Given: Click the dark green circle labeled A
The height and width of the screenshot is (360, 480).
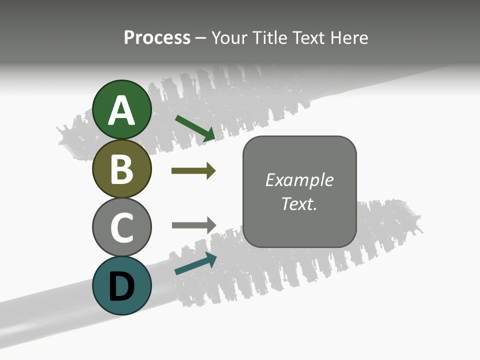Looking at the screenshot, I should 121,109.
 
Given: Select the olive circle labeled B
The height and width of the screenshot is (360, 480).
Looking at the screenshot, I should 121,168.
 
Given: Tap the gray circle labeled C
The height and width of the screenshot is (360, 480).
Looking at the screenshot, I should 121,227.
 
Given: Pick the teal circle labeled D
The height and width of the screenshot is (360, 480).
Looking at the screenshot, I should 121,285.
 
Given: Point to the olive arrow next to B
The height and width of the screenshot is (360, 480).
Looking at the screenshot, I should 193,171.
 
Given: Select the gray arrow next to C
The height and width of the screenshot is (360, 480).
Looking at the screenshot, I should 194,225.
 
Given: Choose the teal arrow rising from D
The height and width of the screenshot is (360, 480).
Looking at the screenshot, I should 195,263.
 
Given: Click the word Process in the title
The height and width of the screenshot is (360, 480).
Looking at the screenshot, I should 157,38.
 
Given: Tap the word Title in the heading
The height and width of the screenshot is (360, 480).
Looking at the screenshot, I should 269,38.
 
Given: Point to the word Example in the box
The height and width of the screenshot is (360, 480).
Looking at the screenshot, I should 299,180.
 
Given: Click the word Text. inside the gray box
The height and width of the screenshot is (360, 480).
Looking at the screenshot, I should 299,203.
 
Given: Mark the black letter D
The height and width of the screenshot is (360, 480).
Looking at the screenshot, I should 121,286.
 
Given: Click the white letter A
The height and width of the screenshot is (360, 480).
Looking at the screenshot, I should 121,110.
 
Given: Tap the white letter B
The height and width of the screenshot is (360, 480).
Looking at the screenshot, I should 121,169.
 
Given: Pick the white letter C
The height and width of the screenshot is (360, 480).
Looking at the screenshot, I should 121,227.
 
